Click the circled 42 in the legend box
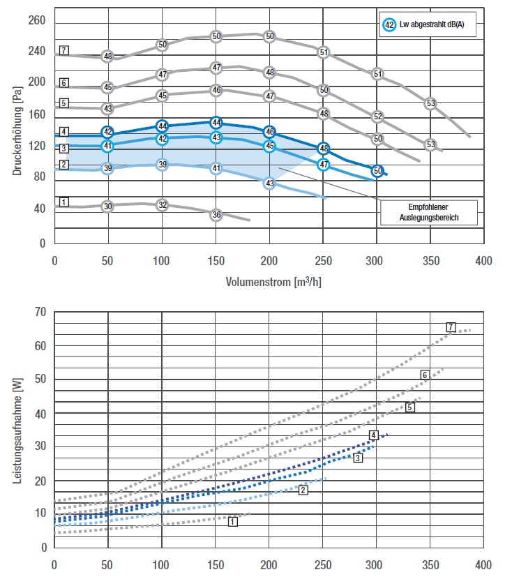click(x=389, y=25)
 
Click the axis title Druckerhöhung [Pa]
click(x=18, y=129)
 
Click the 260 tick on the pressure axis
click(x=36, y=21)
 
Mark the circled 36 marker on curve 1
click(x=216, y=215)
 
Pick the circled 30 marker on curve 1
click(x=107, y=206)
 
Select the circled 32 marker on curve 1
click(x=162, y=205)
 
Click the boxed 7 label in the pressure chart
click(x=63, y=50)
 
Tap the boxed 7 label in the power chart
click(x=451, y=327)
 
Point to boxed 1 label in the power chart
click(x=232, y=521)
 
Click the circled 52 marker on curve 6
click(x=377, y=117)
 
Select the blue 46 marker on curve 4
click(x=270, y=132)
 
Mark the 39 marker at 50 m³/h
click(x=107, y=168)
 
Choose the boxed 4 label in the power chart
click(x=374, y=435)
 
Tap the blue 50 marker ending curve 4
click(x=377, y=171)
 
